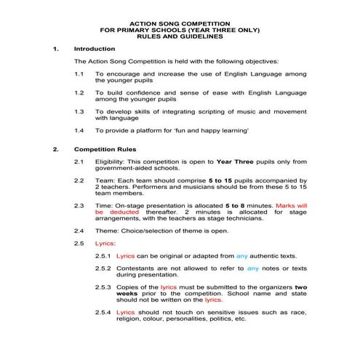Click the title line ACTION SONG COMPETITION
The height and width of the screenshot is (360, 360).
[180, 23]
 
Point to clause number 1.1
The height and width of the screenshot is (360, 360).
[80, 74]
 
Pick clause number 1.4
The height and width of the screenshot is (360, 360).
[80, 130]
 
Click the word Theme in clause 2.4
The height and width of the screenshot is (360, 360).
[108, 231]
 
